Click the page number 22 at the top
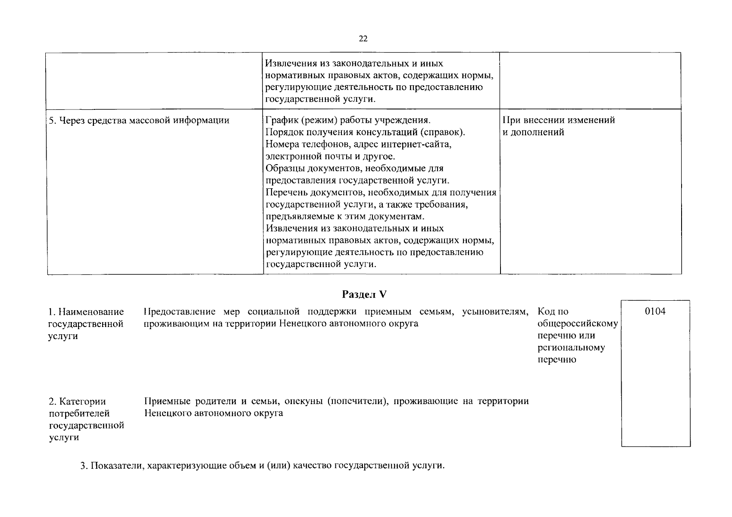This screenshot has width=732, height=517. [363, 39]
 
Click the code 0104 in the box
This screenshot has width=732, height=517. [655, 311]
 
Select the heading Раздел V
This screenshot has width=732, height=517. [364, 294]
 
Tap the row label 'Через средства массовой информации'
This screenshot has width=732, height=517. [139, 120]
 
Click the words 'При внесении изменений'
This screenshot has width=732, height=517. [559, 120]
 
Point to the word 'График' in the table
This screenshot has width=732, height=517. [281, 120]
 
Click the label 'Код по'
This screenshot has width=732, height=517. [553, 311]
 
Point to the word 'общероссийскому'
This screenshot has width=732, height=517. [578, 324]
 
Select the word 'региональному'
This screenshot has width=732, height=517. [571, 348]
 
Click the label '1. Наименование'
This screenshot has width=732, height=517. [86, 311]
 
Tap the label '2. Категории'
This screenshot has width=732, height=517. [77, 402]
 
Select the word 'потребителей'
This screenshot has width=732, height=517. [79, 414]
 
